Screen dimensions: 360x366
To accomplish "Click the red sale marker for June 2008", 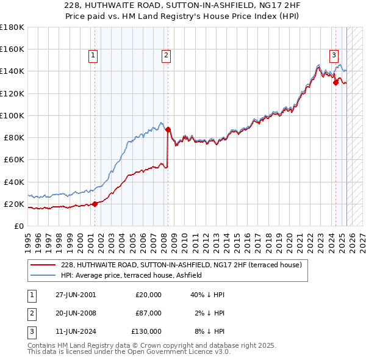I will click(x=168, y=129).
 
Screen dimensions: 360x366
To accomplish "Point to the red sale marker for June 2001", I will click(x=95, y=204).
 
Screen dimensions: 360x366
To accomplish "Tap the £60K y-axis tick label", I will click(x=13, y=159).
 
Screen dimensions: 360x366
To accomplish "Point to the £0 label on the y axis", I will click(x=18, y=226).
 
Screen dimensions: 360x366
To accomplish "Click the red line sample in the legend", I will click(x=43, y=265).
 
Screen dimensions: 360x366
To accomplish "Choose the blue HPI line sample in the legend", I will click(x=43, y=276).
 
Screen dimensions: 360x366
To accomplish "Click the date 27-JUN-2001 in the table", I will click(x=76, y=295).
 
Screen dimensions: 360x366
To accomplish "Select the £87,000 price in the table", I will click(x=148, y=313).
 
